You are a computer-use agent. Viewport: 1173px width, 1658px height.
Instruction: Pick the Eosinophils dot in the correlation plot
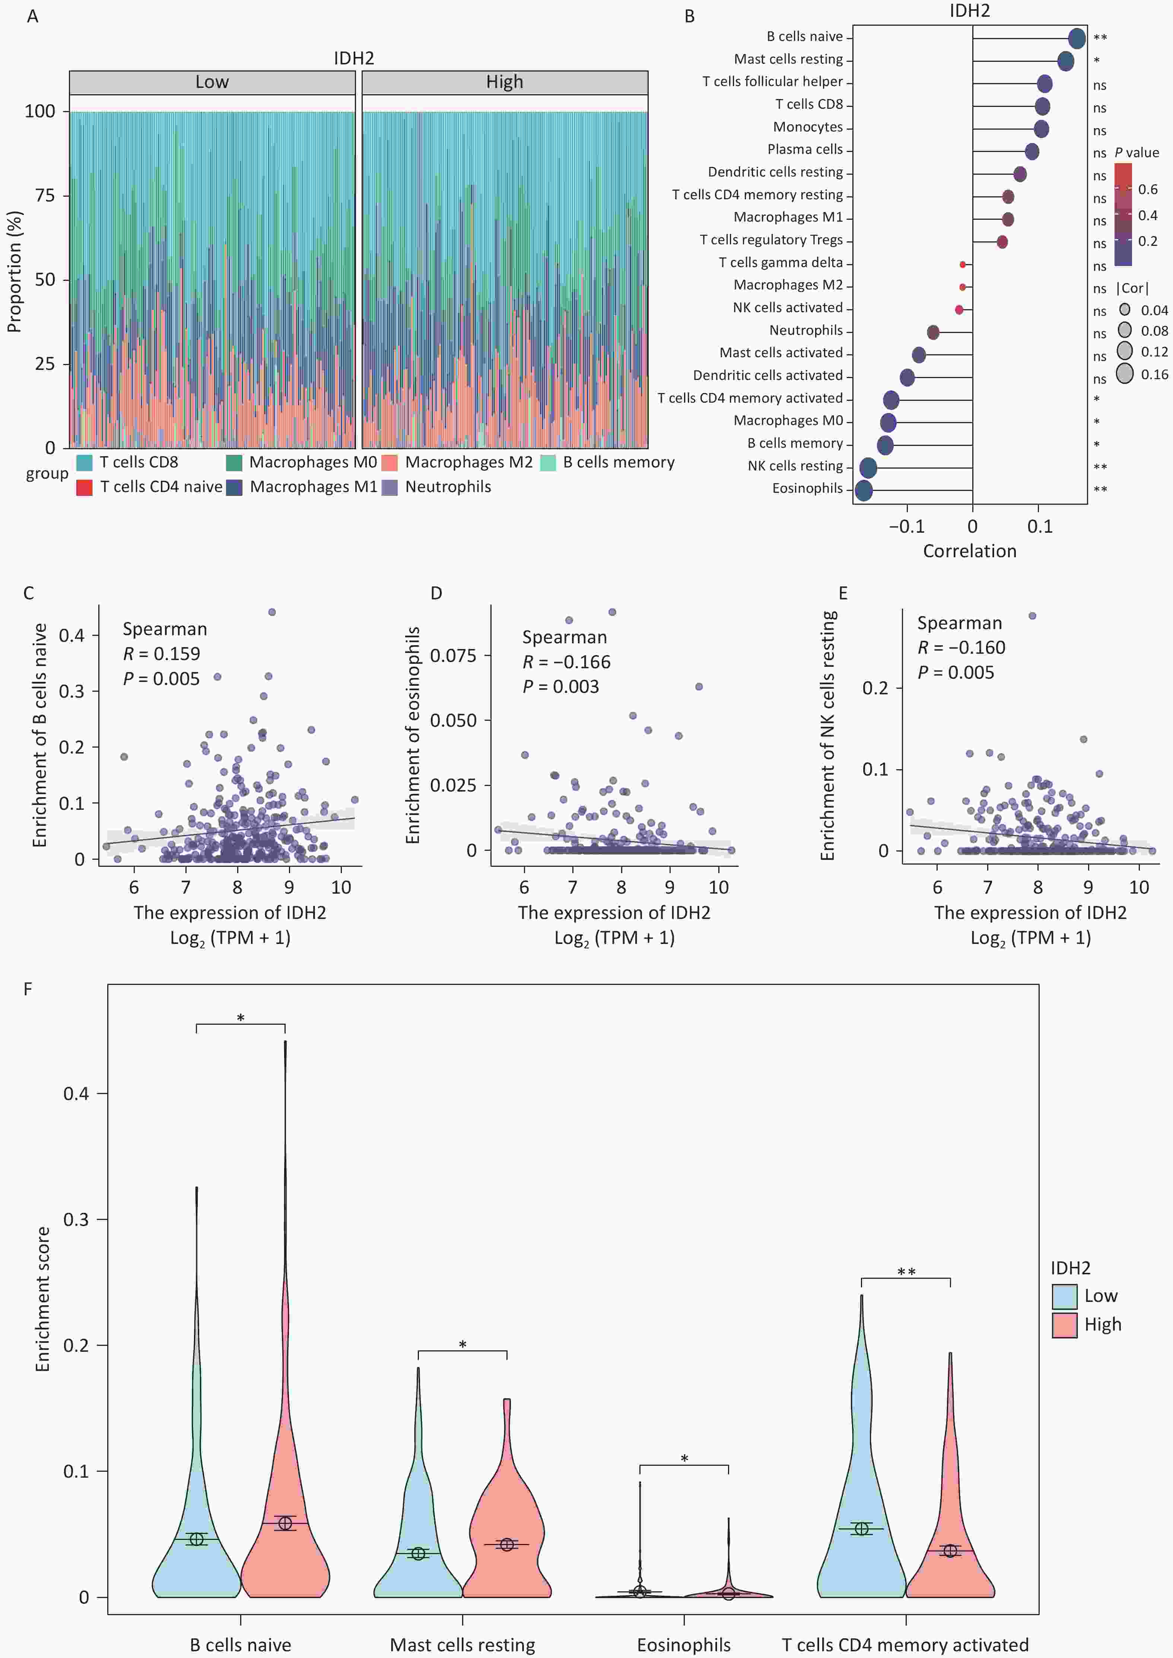[x=863, y=491]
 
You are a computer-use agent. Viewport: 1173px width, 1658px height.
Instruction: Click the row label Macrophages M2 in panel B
[x=788, y=285]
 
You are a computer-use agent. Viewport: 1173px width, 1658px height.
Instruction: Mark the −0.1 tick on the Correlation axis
[x=906, y=527]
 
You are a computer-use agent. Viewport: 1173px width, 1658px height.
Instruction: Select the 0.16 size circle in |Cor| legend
[x=1125, y=374]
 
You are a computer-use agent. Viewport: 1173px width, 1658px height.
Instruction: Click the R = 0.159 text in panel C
[x=161, y=654]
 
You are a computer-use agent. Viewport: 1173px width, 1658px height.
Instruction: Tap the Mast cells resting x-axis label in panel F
[x=462, y=1644]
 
